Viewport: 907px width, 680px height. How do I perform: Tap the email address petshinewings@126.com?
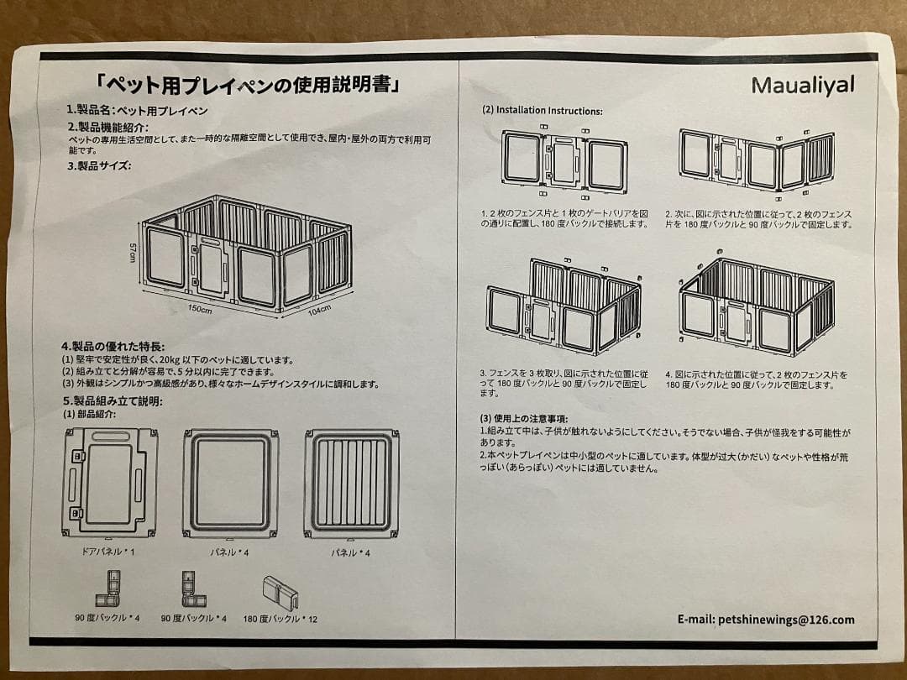766,620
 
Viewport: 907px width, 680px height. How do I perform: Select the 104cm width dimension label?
318,311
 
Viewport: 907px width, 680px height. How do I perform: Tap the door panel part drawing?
109,482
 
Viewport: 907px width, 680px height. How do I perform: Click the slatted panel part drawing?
351,482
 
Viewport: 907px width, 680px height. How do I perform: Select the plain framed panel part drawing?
231,482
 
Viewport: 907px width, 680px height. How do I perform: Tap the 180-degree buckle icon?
280,593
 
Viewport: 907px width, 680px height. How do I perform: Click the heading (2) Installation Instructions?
542,110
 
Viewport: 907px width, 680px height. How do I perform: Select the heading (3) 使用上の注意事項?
524,418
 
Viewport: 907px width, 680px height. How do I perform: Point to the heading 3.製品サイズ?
99,165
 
